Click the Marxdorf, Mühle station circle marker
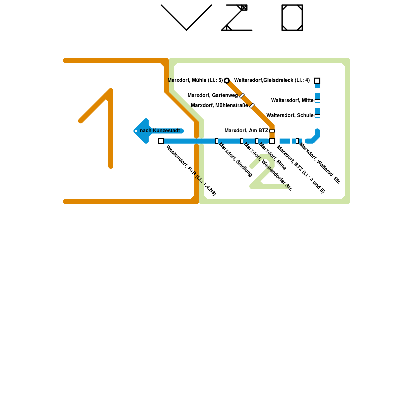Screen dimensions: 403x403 point(227,81)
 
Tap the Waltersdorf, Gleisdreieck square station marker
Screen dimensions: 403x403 point(317,81)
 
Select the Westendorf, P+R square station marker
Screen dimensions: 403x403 point(161,141)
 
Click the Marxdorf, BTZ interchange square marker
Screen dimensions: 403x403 point(272,141)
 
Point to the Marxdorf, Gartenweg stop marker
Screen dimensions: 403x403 point(242,96)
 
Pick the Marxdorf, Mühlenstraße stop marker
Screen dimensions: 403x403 point(252,106)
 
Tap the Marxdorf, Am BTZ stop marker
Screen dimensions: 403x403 point(272,131)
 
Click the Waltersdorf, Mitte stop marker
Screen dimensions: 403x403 point(317,101)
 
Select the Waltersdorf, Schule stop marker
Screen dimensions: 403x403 point(317,116)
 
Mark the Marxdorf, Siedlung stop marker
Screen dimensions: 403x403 point(217,141)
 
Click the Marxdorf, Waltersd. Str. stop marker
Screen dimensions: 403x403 point(297,141)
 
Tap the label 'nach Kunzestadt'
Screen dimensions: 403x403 point(160,131)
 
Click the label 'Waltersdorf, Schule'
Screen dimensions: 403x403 point(290,116)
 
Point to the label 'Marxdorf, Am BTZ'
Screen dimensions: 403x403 point(246,131)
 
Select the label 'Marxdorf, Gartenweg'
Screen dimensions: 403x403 point(213,95)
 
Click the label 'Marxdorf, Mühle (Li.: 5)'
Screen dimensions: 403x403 point(195,80)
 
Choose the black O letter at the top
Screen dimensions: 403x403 point(292,18)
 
